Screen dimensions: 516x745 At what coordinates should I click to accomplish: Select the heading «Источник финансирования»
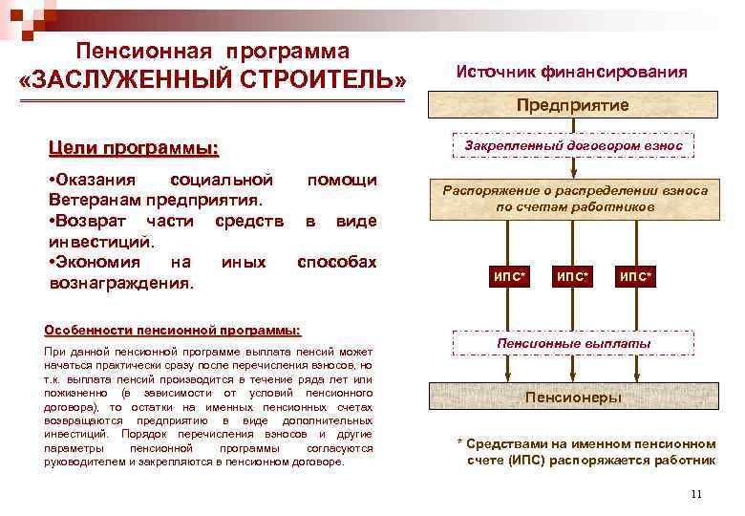point(571,72)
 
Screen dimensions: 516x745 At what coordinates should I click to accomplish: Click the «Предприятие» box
point(572,104)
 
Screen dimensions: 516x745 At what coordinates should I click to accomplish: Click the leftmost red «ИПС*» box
point(509,277)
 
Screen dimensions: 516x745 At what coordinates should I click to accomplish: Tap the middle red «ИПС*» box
point(572,277)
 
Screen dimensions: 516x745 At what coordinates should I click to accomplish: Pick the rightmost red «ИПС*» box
point(635,277)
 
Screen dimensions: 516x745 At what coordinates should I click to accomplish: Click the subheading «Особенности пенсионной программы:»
point(172,331)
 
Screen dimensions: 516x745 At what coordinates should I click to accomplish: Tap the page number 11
point(694,494)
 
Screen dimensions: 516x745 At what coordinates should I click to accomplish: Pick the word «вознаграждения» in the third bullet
point(118,284)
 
